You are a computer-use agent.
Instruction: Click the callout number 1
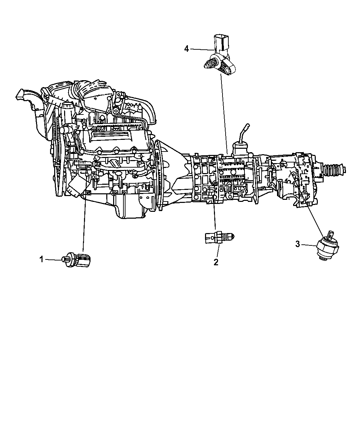[x=41, y=259]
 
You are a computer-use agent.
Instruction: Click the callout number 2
[x=216, y=262]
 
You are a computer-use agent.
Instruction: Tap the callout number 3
[x=298, y=244]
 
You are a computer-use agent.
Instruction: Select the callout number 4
[x=187, y=49]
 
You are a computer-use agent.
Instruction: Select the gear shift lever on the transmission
[x=243, y=134]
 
